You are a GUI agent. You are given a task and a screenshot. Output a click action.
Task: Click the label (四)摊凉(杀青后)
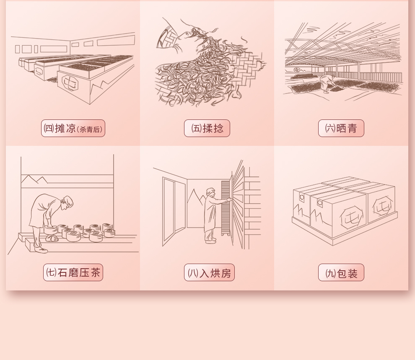coord(73,129)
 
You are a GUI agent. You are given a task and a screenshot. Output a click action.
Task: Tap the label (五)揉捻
coord(207,129)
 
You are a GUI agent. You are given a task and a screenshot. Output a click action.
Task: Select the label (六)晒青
coord(341,129)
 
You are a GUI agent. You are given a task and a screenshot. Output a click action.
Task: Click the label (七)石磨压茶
coord(73,272)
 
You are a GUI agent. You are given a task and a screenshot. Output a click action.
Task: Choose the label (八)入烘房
coord(209,272)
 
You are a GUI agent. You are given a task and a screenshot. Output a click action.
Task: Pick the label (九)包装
coord(341,272)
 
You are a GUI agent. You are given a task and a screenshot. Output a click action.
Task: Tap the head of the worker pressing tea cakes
coord(67,202)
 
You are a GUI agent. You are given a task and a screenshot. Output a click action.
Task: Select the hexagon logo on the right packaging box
coord(382,205)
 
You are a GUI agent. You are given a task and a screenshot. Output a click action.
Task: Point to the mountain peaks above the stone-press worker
coord(34,179)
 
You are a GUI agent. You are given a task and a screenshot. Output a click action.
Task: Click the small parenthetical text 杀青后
coord(90,129)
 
